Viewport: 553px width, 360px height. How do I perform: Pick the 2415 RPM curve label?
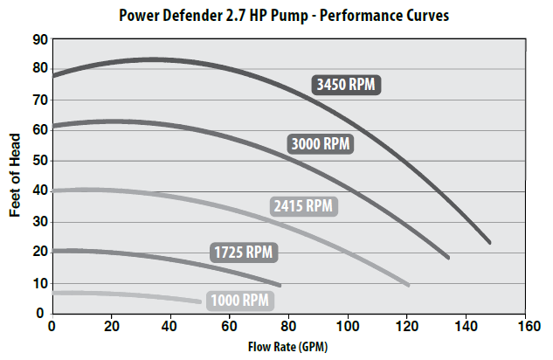301,206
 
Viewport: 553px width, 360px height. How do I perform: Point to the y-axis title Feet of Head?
17,175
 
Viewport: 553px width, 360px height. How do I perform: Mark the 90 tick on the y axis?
38,39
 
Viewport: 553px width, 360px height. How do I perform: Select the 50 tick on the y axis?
38,161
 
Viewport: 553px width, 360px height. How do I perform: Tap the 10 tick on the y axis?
38,283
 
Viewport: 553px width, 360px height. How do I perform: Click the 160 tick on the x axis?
527,327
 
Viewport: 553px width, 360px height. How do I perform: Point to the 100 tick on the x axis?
349,327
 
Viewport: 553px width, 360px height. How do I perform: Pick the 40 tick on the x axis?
170,327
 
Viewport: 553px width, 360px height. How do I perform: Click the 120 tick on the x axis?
408,327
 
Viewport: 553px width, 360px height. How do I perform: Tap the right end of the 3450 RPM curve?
489,242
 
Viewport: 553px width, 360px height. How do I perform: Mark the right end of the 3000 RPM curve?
447,257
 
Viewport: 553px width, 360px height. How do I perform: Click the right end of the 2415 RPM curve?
407,284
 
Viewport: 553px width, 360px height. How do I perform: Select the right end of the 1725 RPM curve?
280,284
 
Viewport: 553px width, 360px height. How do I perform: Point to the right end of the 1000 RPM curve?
200,301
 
